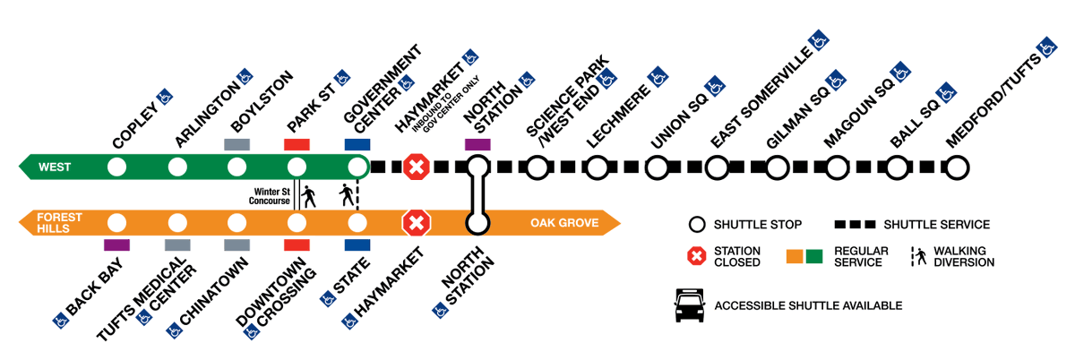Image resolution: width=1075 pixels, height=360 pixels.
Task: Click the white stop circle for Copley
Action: tap(116, 167)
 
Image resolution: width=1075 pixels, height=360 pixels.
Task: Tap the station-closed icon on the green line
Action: tap(416, 167)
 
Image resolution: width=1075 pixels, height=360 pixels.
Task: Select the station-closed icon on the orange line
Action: tap(416, 222)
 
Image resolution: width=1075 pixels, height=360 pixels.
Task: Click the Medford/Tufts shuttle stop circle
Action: tap(958, 167)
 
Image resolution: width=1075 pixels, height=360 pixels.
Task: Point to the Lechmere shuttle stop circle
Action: tap(597, 167)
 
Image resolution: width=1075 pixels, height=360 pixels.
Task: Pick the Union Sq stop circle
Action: tap(657, 167)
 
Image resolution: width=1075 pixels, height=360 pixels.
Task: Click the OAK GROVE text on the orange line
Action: tap(563, 222)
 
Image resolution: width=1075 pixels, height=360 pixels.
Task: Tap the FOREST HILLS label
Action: tap(59, 222)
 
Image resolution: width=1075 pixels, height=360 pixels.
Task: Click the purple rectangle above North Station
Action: tap(477, 144)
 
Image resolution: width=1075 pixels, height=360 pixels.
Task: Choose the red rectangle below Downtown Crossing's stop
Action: tap(297, 244)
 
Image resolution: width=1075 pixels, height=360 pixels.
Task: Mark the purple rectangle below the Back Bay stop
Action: tap(116, 244)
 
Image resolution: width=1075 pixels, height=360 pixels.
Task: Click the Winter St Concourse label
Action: tap(269, 196)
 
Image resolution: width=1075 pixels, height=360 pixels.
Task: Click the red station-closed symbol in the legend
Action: tap(695, 256)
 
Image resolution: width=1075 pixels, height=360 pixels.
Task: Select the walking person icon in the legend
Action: tap(918, 256)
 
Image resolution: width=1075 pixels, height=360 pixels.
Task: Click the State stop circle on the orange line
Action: tap(357, 222)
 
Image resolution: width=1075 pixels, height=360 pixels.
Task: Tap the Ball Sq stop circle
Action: tap(898, 167)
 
